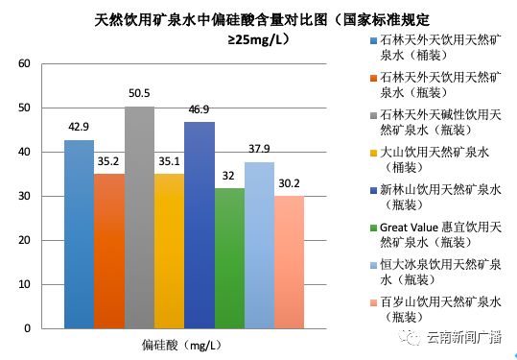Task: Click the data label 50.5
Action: [138, 94]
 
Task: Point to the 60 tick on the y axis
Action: [25, 64]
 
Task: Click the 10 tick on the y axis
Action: [25, 284]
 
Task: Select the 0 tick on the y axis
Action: [28, 328]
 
